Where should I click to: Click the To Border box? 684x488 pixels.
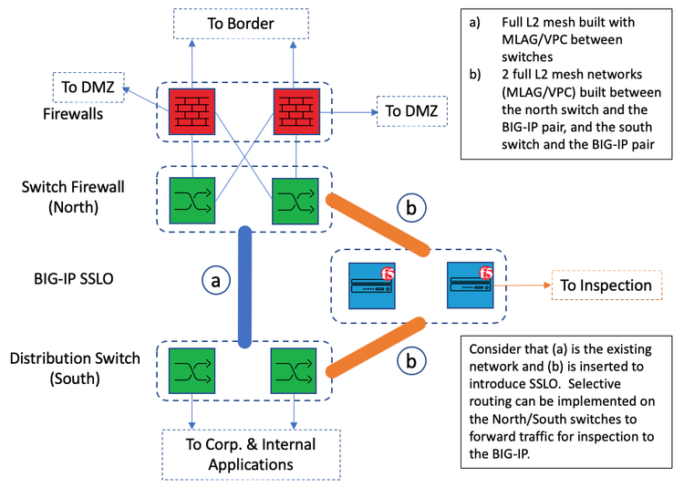242,24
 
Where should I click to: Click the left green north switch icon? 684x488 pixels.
192,200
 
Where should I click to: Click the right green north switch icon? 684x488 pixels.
295,200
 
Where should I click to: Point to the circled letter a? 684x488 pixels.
215,281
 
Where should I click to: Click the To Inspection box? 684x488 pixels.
606,286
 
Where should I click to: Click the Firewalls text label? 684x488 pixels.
78,115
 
